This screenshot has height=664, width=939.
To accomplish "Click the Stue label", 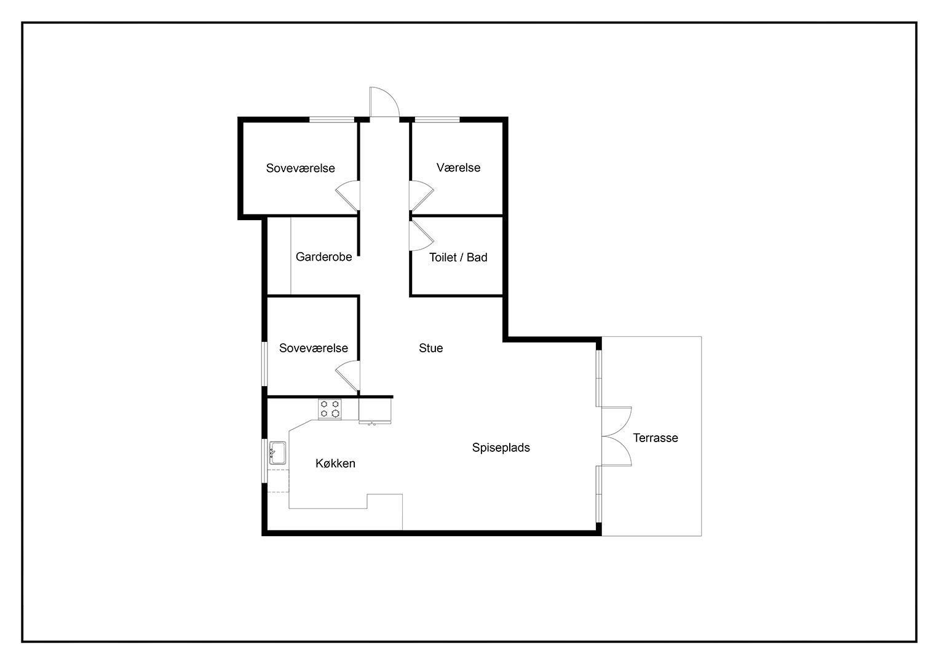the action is click(x=430, y=348).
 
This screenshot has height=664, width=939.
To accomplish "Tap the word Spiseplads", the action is click(x=501, y=448).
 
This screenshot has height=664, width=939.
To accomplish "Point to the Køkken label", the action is click(x=335, y=463).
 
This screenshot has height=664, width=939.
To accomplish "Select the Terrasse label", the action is click(x=655, y=438).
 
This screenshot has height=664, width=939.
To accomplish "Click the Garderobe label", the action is click(x=323, y=256).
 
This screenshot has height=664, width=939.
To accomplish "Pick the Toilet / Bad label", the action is click(x=458, y=258).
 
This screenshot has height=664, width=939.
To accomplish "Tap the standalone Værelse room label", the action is click(x=458, y=168).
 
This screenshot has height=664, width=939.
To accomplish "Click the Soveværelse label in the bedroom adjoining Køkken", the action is click(x=314, y=348).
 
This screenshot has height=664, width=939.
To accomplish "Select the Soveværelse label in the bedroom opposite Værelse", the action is click(x=301, y=168).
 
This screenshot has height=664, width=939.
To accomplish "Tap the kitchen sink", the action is click(x=277, y=453).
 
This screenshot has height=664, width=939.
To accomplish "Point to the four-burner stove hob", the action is click(x=330, y=409).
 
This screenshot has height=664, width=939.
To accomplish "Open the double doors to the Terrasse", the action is click(x=617, y=437).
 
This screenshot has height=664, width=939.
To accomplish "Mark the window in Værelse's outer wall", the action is click(x=437, y=120).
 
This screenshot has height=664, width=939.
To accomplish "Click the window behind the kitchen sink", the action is click(x=264, y=460).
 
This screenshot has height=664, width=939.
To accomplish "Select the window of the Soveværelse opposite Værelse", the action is click(x=331, y=120).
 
